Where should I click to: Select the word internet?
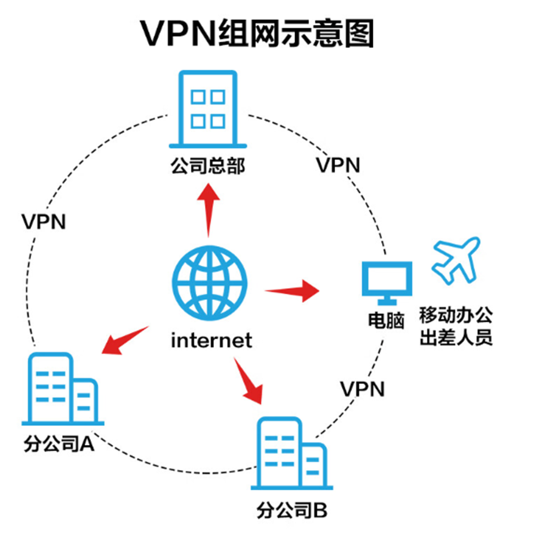[211, 341]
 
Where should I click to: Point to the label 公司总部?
[208, 166]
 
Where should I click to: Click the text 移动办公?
[456, 315]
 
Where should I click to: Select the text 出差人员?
[456, 338]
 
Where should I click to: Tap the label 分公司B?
[292, 511]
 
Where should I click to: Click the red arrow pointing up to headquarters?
[208, 208]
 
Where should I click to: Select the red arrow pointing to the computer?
[292, 291]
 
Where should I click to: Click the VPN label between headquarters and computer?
[338, 164]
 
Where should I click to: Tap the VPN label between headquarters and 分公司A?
[44, 221]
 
